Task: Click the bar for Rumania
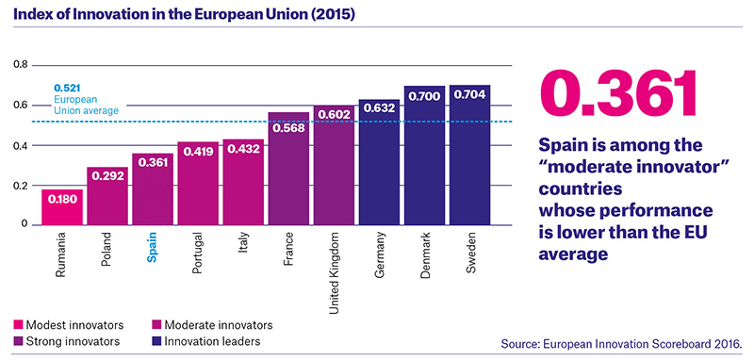tap(62, 207)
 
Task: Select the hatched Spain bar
tap(153, 188)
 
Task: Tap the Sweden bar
tap(469, 155)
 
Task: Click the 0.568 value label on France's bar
tap(289, 129)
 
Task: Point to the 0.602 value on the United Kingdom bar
tap(335, 116)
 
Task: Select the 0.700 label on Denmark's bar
tap(425, 96)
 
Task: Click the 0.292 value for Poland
tap(107, 176)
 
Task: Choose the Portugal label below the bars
tap(198, 253)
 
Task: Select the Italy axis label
tap(243, 243)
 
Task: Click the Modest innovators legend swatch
tap(18, 325)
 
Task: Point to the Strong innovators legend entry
tap(66, 342)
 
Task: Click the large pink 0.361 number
tap(618, 94)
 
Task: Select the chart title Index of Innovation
tap(184, 15)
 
